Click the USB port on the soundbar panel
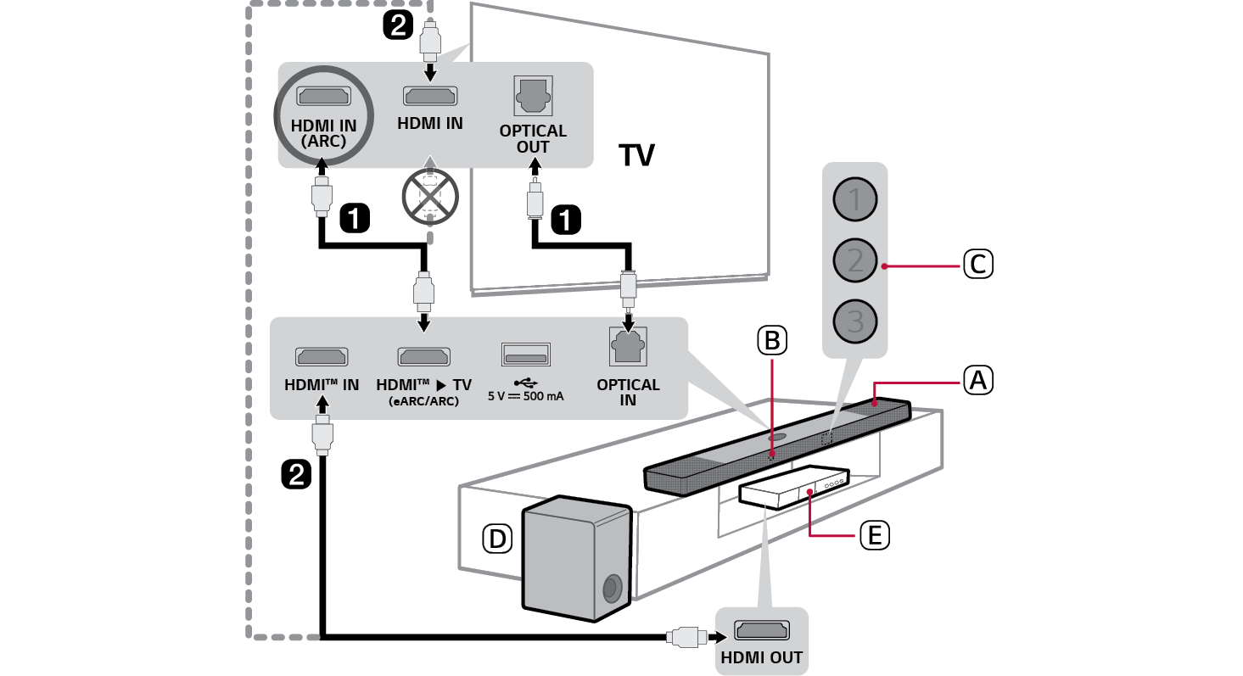pos(525,355)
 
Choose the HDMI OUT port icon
pos(761,631)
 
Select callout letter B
pos(771,340)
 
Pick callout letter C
pos(977,265)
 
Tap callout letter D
pos(496,537)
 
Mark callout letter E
pos(873,534)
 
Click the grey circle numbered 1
pos(854,200)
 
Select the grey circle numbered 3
pos(854,321)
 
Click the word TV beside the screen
pos(636,155)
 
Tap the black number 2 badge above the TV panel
pos(398,25)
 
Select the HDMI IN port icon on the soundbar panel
pos(321,356)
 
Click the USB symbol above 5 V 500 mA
pos(525,383)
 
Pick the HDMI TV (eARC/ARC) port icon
pos(424,356)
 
